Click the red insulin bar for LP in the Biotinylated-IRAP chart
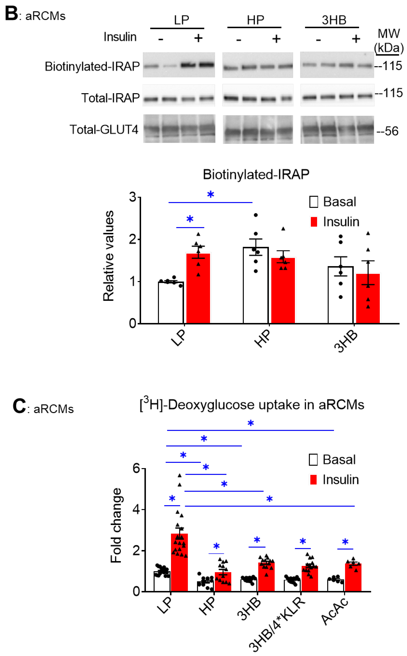[x=198, y=288]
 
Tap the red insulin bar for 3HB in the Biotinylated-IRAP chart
[x=368, y=298]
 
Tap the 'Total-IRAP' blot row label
[x=110, y=98]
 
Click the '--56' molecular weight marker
[x=387, y=131]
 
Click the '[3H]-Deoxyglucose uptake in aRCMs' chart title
[x=252, y=404]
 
